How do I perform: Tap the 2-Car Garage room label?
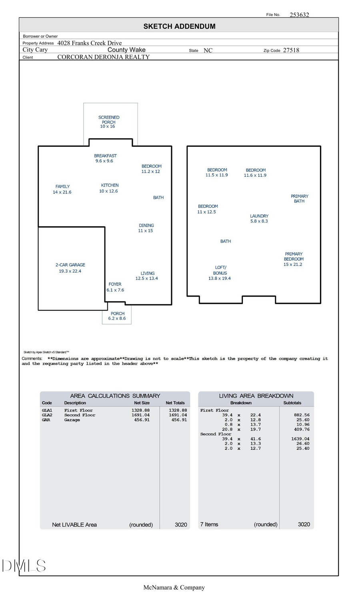pos(70,268)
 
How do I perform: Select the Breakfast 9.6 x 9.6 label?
pos(105,158)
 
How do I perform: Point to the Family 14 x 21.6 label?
pos(62,189)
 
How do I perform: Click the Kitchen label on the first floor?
pos(109,188)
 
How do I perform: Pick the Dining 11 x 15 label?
pos(146,228)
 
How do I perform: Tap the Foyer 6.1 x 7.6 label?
pos(115,287)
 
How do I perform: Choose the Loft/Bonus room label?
pos(220,273)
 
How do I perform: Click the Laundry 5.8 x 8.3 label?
pos(259,218)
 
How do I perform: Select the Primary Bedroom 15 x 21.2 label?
pos(293,259)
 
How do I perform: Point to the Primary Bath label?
pos(299,199)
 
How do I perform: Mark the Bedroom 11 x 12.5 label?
pos(207,209)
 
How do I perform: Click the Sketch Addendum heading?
pos(179,26)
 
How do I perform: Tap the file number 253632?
pos(299,15)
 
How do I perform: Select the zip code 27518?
pos(291,50)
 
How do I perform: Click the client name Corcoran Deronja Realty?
pos(103,57)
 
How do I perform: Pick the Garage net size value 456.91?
pos(142,420)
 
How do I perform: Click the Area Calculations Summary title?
pos(115,396)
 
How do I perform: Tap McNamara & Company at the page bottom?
pos(174,587)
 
